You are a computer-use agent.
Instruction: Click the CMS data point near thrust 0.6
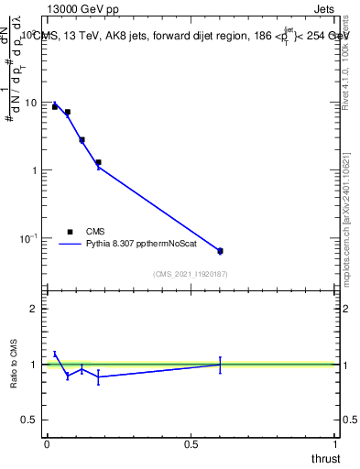pos(220,251)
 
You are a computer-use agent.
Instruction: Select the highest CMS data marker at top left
pos(55,107)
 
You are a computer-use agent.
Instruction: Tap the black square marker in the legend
pos(70,232)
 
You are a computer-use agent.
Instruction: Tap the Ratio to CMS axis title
pos(15,365)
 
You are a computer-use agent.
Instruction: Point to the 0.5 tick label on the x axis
pos(191,443)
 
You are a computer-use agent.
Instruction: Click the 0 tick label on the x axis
pos(46,443)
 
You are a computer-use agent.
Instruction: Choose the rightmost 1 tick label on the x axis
pos(336,443)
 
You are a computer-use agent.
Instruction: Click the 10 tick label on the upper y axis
pos(32,103)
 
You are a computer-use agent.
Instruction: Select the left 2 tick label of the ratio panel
pos(36,310)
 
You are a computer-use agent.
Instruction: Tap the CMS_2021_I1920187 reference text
pos(191,273)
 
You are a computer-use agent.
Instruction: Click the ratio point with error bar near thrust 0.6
pos(220,365)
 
